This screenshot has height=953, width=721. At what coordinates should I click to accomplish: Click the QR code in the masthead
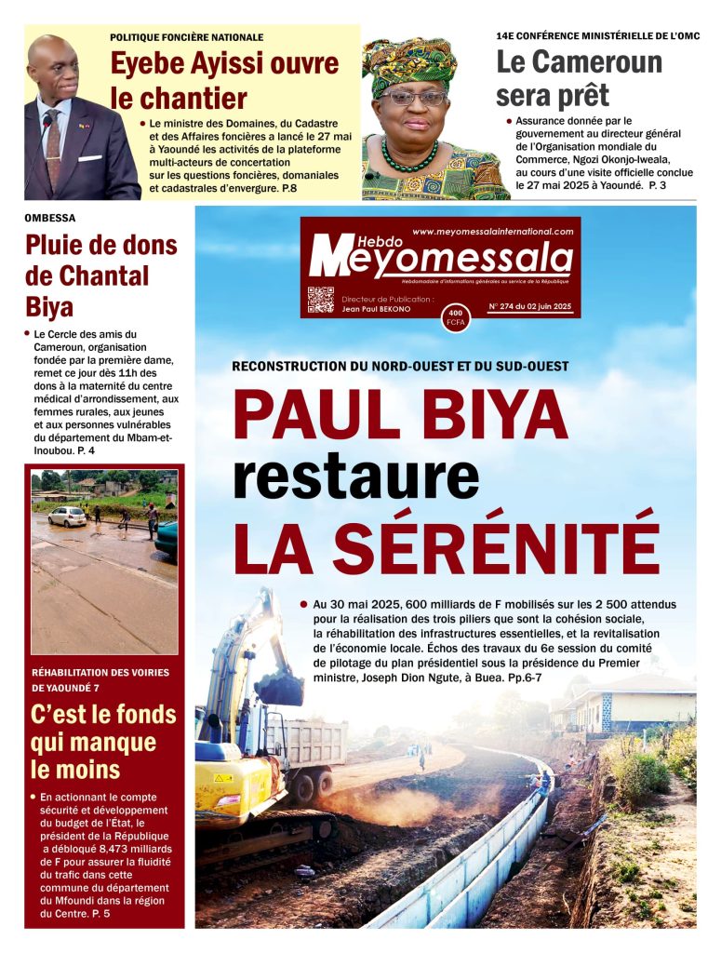(320, 300)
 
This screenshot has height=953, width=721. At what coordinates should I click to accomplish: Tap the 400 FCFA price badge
(456, 317)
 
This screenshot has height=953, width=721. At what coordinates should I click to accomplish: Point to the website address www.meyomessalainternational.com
(492, 231)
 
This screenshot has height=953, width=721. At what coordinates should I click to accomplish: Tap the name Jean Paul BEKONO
(376, 308)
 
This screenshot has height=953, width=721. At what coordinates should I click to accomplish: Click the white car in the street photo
(67, 516)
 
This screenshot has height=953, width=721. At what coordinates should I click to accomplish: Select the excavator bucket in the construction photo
(278, 688)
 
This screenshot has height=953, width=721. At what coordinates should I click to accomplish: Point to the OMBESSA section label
(50, 218)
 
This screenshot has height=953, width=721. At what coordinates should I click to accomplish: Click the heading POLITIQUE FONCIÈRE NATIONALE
(186, 37)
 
